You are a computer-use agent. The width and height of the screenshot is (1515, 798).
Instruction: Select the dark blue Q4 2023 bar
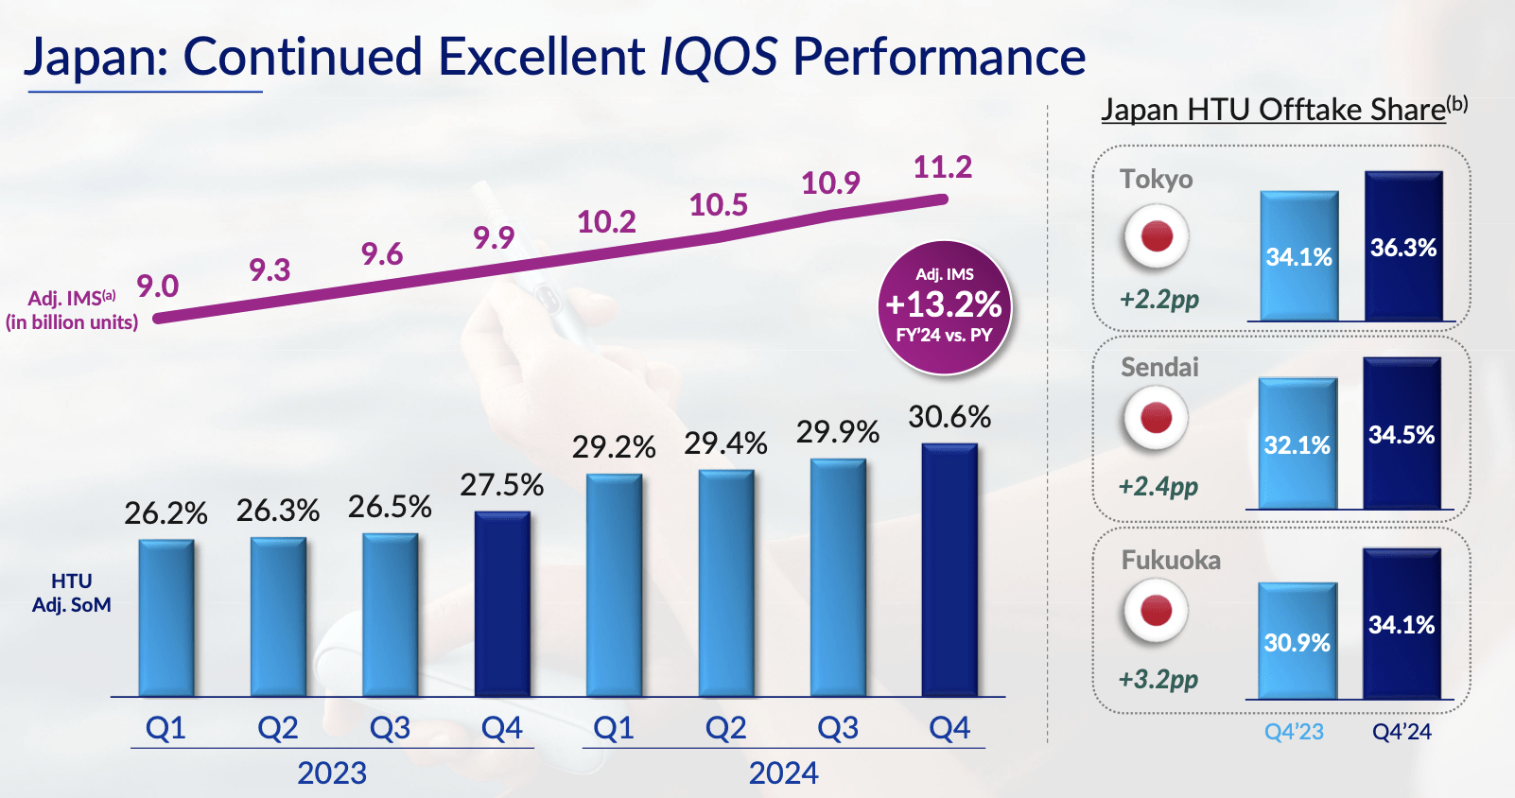(x=502, y=604)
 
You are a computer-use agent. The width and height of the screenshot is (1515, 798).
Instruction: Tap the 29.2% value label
(x=613, y=446)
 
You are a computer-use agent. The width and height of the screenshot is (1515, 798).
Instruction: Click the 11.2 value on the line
(x=942, y=167)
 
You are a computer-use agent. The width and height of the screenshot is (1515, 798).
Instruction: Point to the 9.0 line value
(x=158, y=286)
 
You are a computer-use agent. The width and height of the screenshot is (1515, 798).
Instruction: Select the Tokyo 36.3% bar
(x=1403, y=247)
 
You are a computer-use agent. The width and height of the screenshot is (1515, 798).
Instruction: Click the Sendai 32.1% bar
(x=1297, y=444)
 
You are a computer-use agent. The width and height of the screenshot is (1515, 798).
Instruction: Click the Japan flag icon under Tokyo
(x=1156, y=236)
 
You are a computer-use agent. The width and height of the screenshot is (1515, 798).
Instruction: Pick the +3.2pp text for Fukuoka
(x=1158, y=679)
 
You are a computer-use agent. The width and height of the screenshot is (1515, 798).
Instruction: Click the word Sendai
(x=1159, y=367)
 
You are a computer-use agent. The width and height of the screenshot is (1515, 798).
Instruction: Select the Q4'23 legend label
(x=1294, y=732)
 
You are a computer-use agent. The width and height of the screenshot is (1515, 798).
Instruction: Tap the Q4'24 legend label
(x=1402, y=732)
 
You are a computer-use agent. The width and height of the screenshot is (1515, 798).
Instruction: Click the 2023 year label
(x=332, y=773)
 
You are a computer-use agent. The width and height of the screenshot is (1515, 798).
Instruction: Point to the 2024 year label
(x=783, y=773)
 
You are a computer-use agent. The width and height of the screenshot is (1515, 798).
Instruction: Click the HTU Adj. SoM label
(x=72, y=593)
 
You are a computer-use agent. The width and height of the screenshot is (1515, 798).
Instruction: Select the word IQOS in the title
(x=718, y=57)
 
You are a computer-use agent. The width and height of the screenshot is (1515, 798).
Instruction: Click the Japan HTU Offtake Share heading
(x=1274, y=110)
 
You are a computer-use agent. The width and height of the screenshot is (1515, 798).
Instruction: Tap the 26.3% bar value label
(x=278, y=511)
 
